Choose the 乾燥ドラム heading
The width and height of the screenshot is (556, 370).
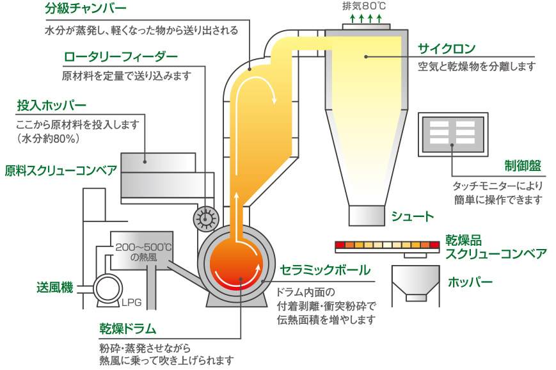(x=127, y=329)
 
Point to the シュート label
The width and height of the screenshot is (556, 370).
(x=413, y=216)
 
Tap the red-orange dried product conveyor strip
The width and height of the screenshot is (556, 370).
(x=386, y=245)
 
